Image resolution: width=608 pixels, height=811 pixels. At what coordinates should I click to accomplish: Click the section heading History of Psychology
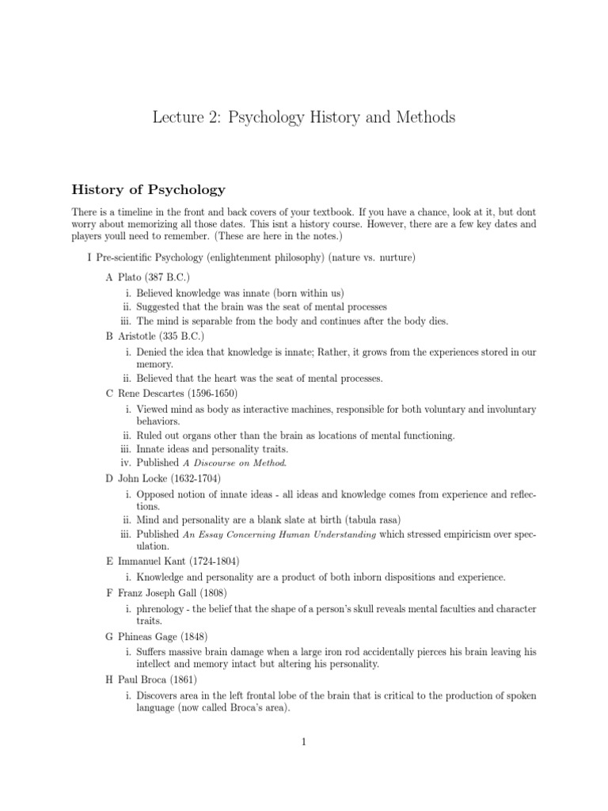(x=149, y=189)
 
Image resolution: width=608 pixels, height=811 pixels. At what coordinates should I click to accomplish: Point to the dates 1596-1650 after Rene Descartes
(x=211, y=393)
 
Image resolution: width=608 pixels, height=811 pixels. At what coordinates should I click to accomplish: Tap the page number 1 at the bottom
(x=304, y=742)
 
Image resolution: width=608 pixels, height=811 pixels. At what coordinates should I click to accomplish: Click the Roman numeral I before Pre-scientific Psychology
(x=89, y=257)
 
